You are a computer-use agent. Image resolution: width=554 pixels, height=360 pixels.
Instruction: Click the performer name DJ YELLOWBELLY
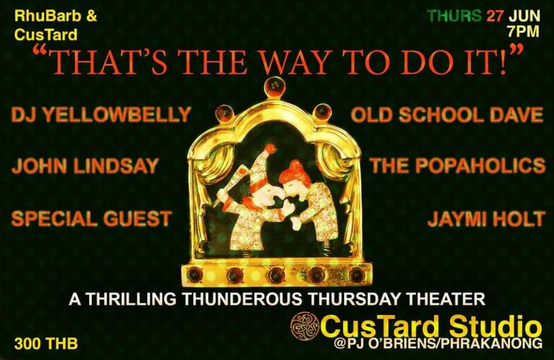click(101, 115)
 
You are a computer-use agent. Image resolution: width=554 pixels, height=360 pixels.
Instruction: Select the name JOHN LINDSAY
click(85, 166)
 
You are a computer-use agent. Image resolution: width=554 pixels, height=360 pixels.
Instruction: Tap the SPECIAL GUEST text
click(91, 218)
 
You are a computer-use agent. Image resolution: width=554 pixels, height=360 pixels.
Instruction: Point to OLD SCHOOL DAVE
click(447, 115)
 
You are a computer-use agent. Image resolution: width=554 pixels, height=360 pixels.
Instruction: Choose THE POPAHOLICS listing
click(457, 166)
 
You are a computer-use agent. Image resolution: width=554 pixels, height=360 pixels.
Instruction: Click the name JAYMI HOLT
click(486, 218)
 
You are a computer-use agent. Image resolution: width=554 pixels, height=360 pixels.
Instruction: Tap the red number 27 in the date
click(495, 16)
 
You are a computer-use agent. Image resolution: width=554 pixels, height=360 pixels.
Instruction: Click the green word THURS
click(454, 16)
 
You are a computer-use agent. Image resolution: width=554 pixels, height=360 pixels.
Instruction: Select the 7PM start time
click(523, 31)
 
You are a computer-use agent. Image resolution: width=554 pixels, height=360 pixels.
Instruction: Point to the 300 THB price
click(46, 343)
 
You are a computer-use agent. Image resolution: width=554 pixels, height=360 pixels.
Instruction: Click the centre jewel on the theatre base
click(274, 274)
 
